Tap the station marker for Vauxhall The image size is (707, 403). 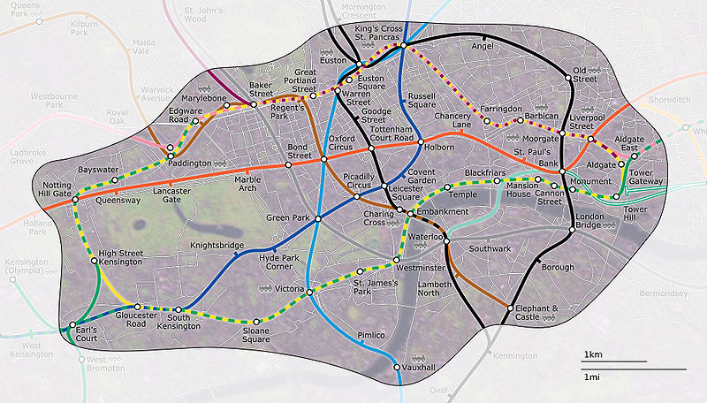pos(396,367)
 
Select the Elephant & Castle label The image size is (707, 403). pos(539,312)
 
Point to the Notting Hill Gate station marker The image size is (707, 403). pos(74,199)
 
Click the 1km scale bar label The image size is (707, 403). pos(592,354)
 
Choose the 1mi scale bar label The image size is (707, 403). pos(592,377)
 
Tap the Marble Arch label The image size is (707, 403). pos(247,184)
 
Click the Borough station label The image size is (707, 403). pos(558,266)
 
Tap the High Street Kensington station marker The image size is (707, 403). pos(95,261)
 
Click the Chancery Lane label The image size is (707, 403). pos(452,123)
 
